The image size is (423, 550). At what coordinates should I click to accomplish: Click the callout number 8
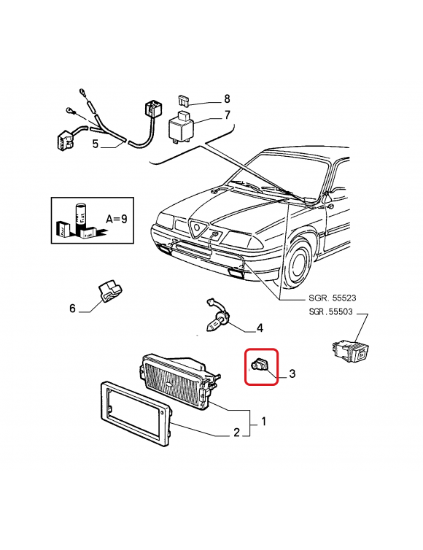coord(227,99)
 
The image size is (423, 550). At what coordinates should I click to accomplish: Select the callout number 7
coord(228,115)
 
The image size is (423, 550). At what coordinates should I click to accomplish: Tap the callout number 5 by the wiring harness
coord(96,144)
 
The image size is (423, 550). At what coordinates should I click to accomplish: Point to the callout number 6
coord(72,309)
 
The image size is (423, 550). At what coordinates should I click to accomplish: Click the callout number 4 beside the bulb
coord(260,328)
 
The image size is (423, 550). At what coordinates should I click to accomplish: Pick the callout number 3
coord(292,373)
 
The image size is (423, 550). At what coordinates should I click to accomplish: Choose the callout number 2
coord(237,432)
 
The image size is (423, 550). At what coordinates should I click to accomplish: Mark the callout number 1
coord(264,422)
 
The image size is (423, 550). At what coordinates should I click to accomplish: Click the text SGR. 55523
coord(332,298)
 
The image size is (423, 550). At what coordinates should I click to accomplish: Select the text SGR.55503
coord(330,311)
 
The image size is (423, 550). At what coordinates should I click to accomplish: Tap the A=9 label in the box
coord(117,220)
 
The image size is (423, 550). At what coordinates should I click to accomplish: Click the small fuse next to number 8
coord(183,101)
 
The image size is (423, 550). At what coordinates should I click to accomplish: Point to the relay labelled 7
coord(182,126)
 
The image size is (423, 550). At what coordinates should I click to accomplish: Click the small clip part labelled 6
coord(109,290)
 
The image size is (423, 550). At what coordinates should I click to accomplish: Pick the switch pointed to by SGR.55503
coord(350,352)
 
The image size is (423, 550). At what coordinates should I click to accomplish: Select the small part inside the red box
coord(260,365)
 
